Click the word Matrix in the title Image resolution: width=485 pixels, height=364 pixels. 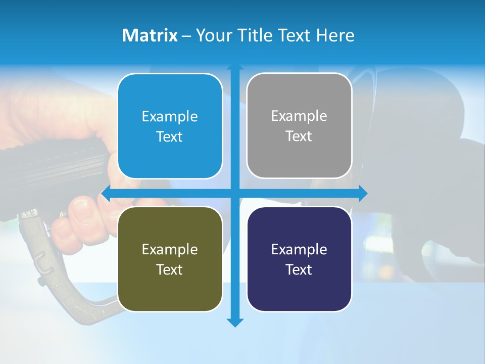coord(150,35)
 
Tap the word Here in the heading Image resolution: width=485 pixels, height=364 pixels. coord(335,35)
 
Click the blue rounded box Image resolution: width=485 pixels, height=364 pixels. coord(170,126)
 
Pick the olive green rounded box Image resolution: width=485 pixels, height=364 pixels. coord(170,259)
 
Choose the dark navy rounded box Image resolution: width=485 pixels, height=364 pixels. coord(299,259)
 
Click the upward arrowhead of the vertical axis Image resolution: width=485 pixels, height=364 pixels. coord(235,67)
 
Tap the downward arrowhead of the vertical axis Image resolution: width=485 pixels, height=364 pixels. coord(235,322)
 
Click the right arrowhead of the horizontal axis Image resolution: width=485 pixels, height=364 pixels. coord(363,193)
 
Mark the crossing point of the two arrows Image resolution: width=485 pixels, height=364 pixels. coord(235,193)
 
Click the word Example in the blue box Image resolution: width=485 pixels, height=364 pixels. coord(170,116)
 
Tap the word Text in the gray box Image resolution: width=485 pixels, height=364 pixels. coord(299,136)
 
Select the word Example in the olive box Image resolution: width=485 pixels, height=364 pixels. coord(170,249)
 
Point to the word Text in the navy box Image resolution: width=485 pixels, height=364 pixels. coord(299,269)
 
